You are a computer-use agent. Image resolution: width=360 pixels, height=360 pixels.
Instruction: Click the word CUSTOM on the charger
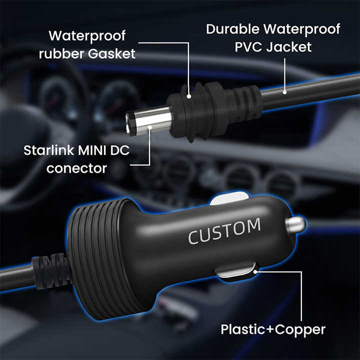(x=224, y=230)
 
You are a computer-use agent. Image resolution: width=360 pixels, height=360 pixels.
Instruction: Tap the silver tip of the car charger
(x=295, y=225)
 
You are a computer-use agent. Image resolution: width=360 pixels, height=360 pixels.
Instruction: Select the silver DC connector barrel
(x=148, y=120)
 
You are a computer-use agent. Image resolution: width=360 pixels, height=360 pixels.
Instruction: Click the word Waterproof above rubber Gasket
(x=87, y=36)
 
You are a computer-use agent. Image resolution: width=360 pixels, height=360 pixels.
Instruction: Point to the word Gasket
(x=111, y=53)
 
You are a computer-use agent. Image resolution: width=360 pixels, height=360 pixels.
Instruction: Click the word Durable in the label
(x=233, y=29)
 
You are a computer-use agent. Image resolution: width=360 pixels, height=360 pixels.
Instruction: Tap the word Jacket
(x=289, y=47)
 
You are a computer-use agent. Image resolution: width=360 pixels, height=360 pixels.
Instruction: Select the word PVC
(x=248, y=47)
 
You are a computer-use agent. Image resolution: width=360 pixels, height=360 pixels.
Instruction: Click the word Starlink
(x=48, y=150)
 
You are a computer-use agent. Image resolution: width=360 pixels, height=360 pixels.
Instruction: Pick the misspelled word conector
(x=76, y=168)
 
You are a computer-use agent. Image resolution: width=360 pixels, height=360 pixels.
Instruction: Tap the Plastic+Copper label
(x=273, y=329)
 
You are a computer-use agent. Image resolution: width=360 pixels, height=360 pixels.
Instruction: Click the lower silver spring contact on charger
(x=236, y=272)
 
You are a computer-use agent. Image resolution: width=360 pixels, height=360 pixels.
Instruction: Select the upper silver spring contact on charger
(x=230, y=198)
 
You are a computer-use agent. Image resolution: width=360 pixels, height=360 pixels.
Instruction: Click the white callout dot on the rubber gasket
(x=188, y=96)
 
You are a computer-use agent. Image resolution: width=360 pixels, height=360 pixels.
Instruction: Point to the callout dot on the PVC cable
(x=284, y=92)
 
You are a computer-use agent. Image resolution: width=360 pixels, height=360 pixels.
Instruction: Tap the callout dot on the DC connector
(x=149, y=127)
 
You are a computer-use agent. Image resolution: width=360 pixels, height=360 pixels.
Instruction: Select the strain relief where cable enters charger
(x=51, y=271)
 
